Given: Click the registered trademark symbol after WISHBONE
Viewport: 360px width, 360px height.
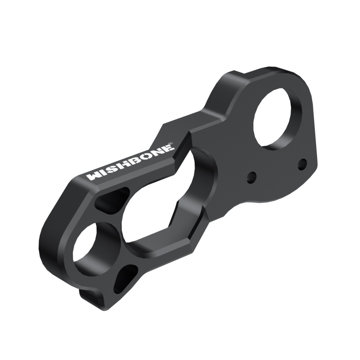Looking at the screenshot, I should coord(171,143).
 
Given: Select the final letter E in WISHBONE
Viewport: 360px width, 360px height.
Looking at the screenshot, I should coord(169,147).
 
